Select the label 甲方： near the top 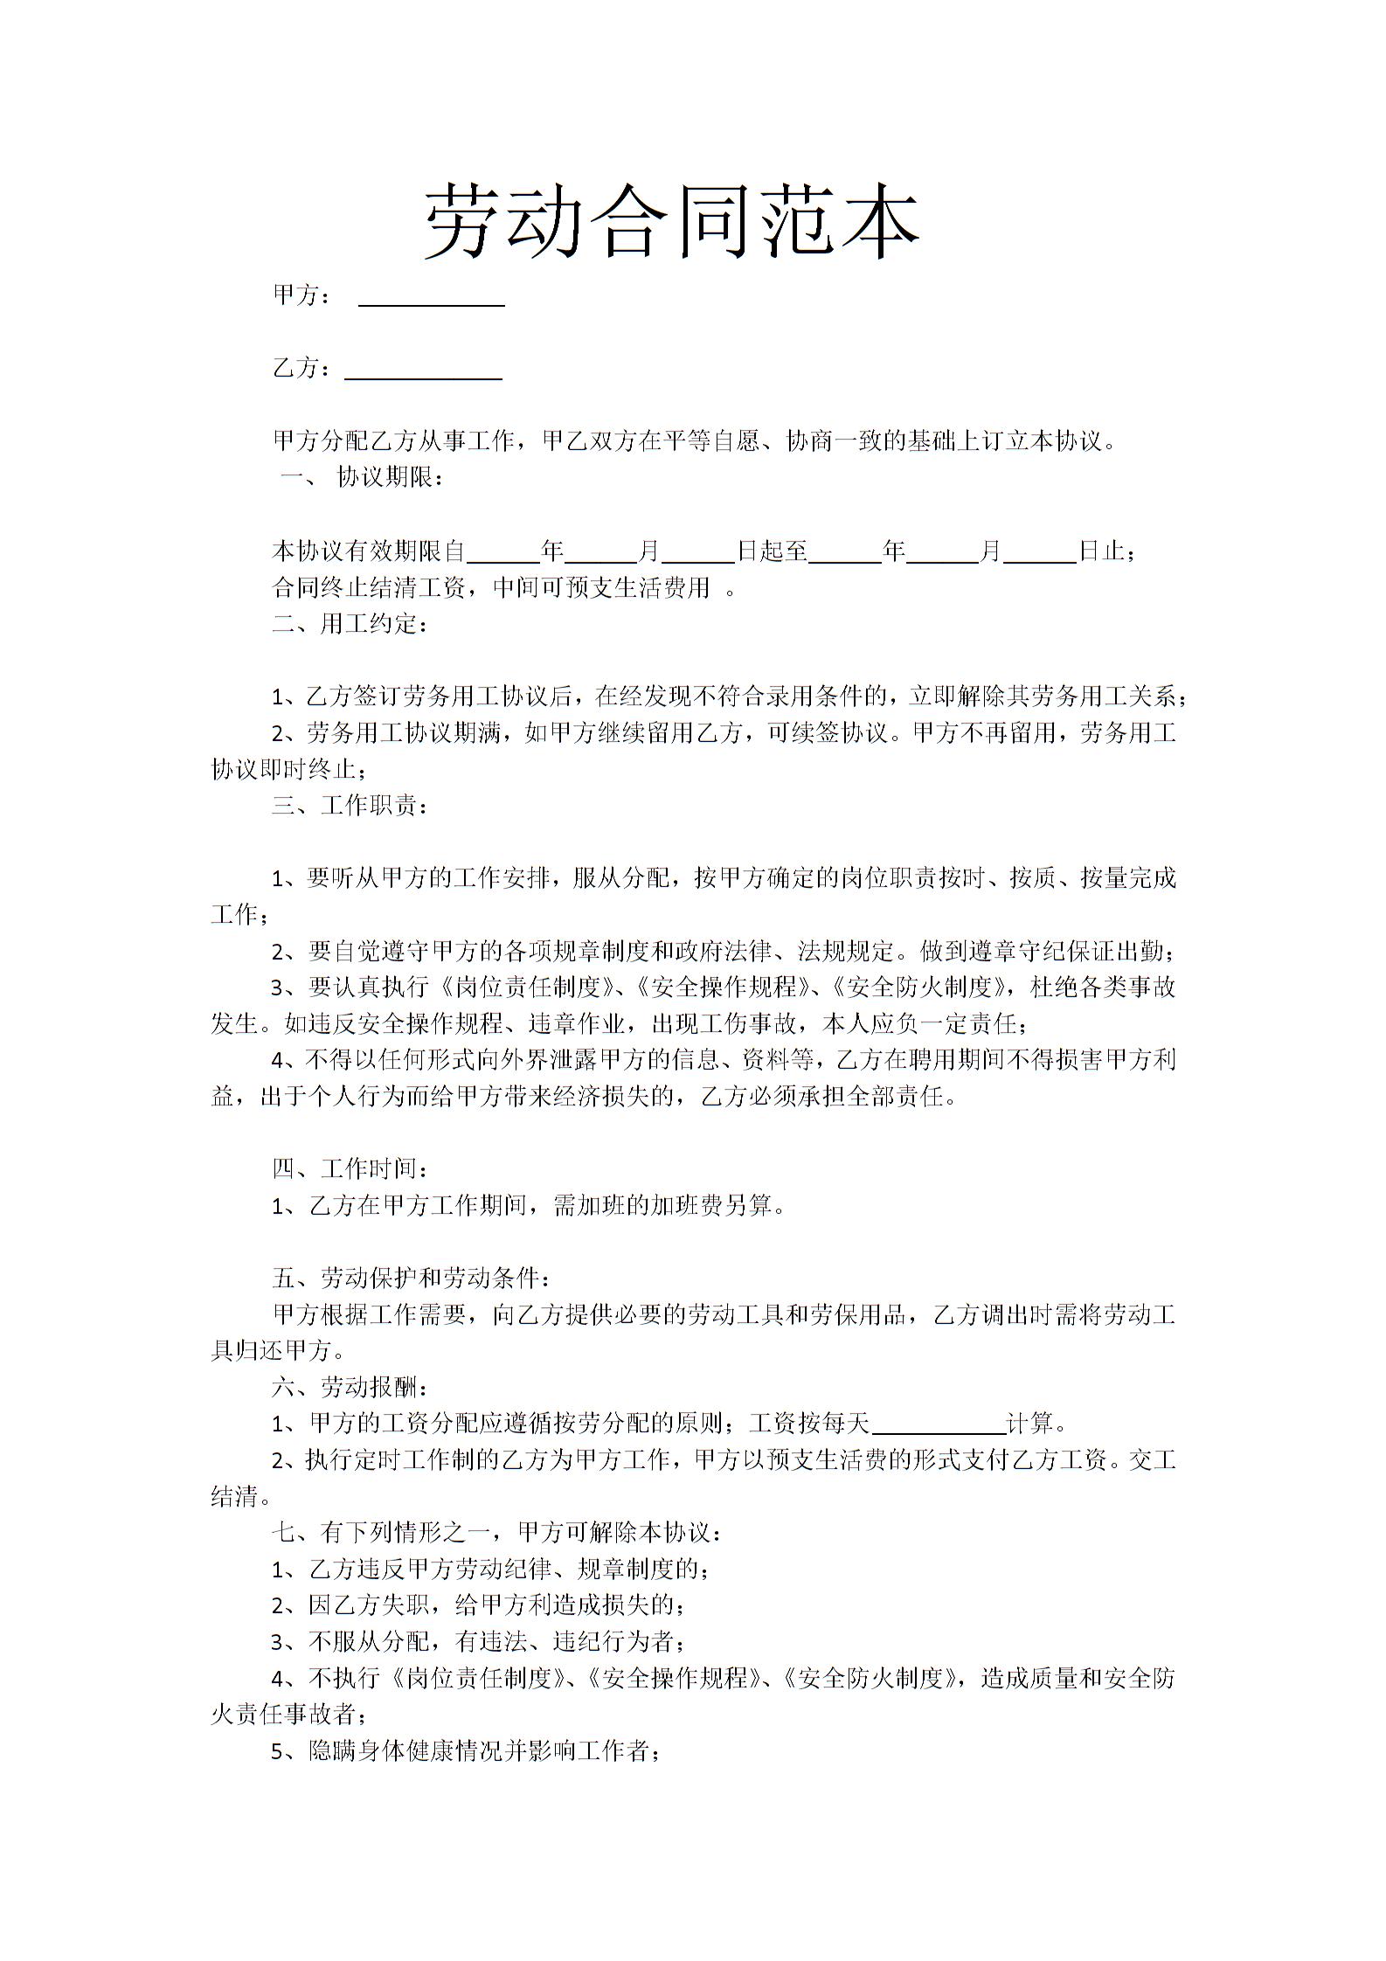302,295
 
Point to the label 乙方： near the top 302,369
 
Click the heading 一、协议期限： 363,478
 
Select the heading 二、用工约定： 350,624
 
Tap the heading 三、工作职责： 350,805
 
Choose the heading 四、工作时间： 350,1169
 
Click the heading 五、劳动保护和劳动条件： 412,1278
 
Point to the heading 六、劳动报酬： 350,1388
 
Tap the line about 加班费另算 529,1206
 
